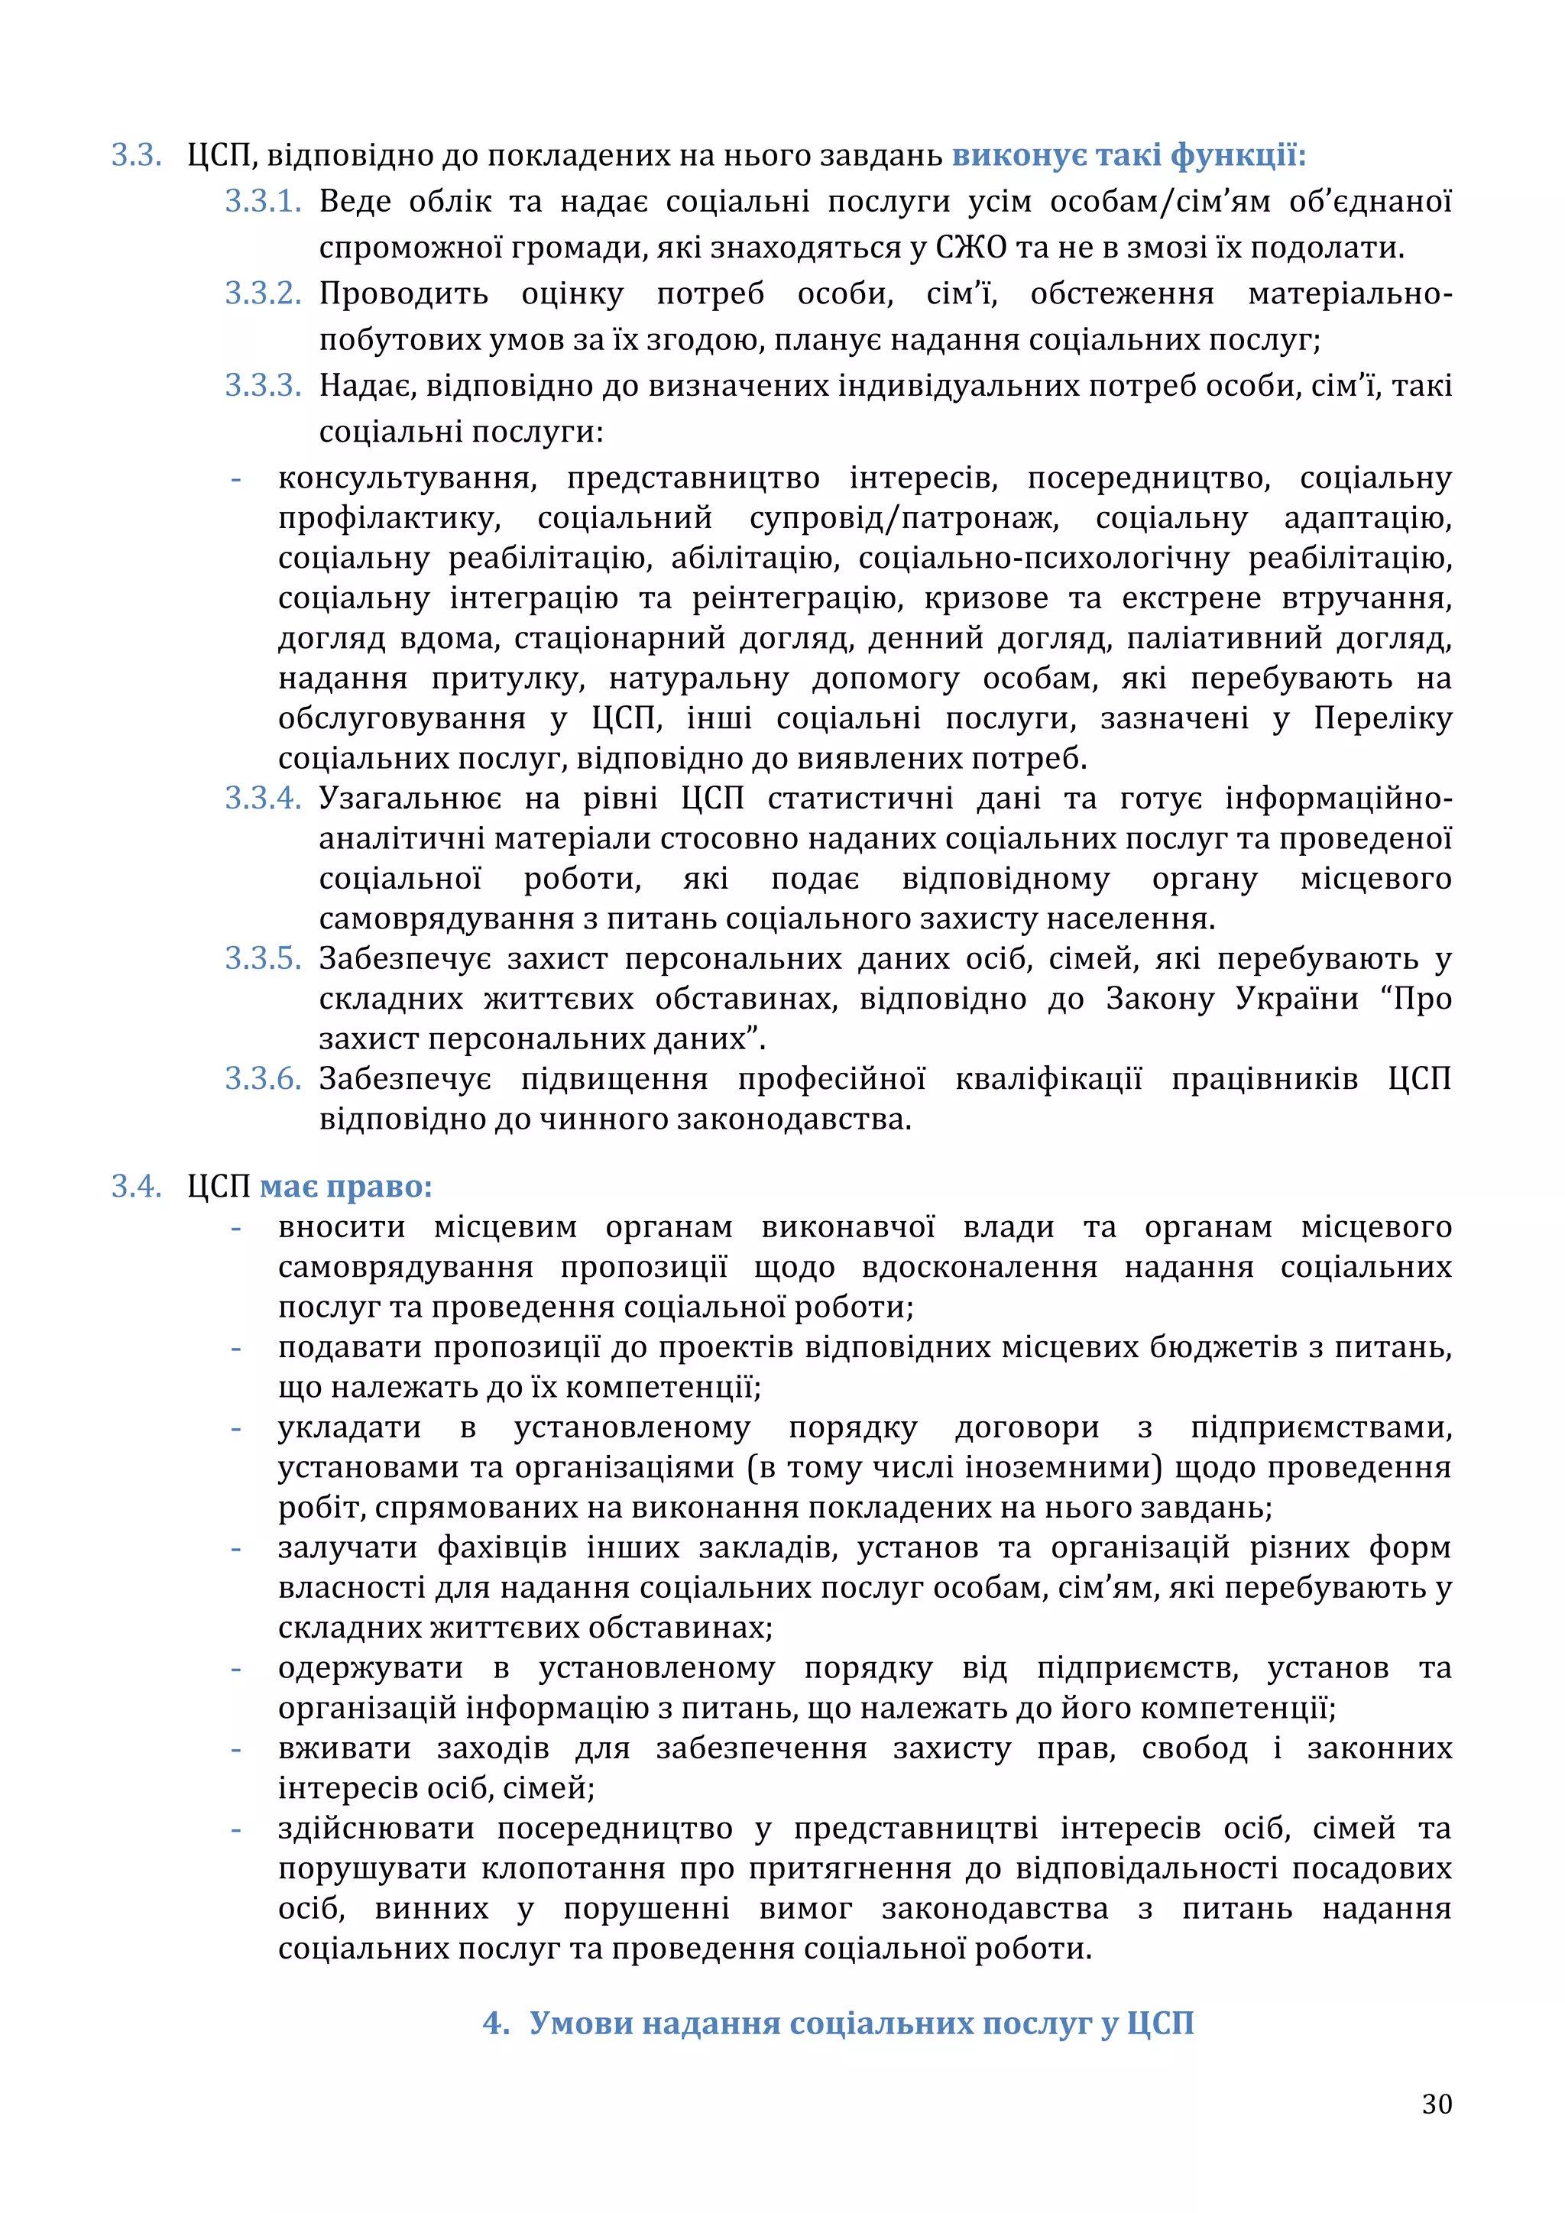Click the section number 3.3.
(x=136, y=155)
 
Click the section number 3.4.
(x=136, y=1187)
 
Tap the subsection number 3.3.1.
(x=263, y=202)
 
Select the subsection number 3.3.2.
(x=263, y=294)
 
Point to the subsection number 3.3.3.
(x=263, y=387)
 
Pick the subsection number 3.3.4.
(x=263, y=799)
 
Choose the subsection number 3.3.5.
(x=263, y=959)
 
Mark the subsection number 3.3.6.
(x=263, y=1080)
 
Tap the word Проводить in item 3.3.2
(x=403, y=294)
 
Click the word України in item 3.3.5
(x=1297, y=999)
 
